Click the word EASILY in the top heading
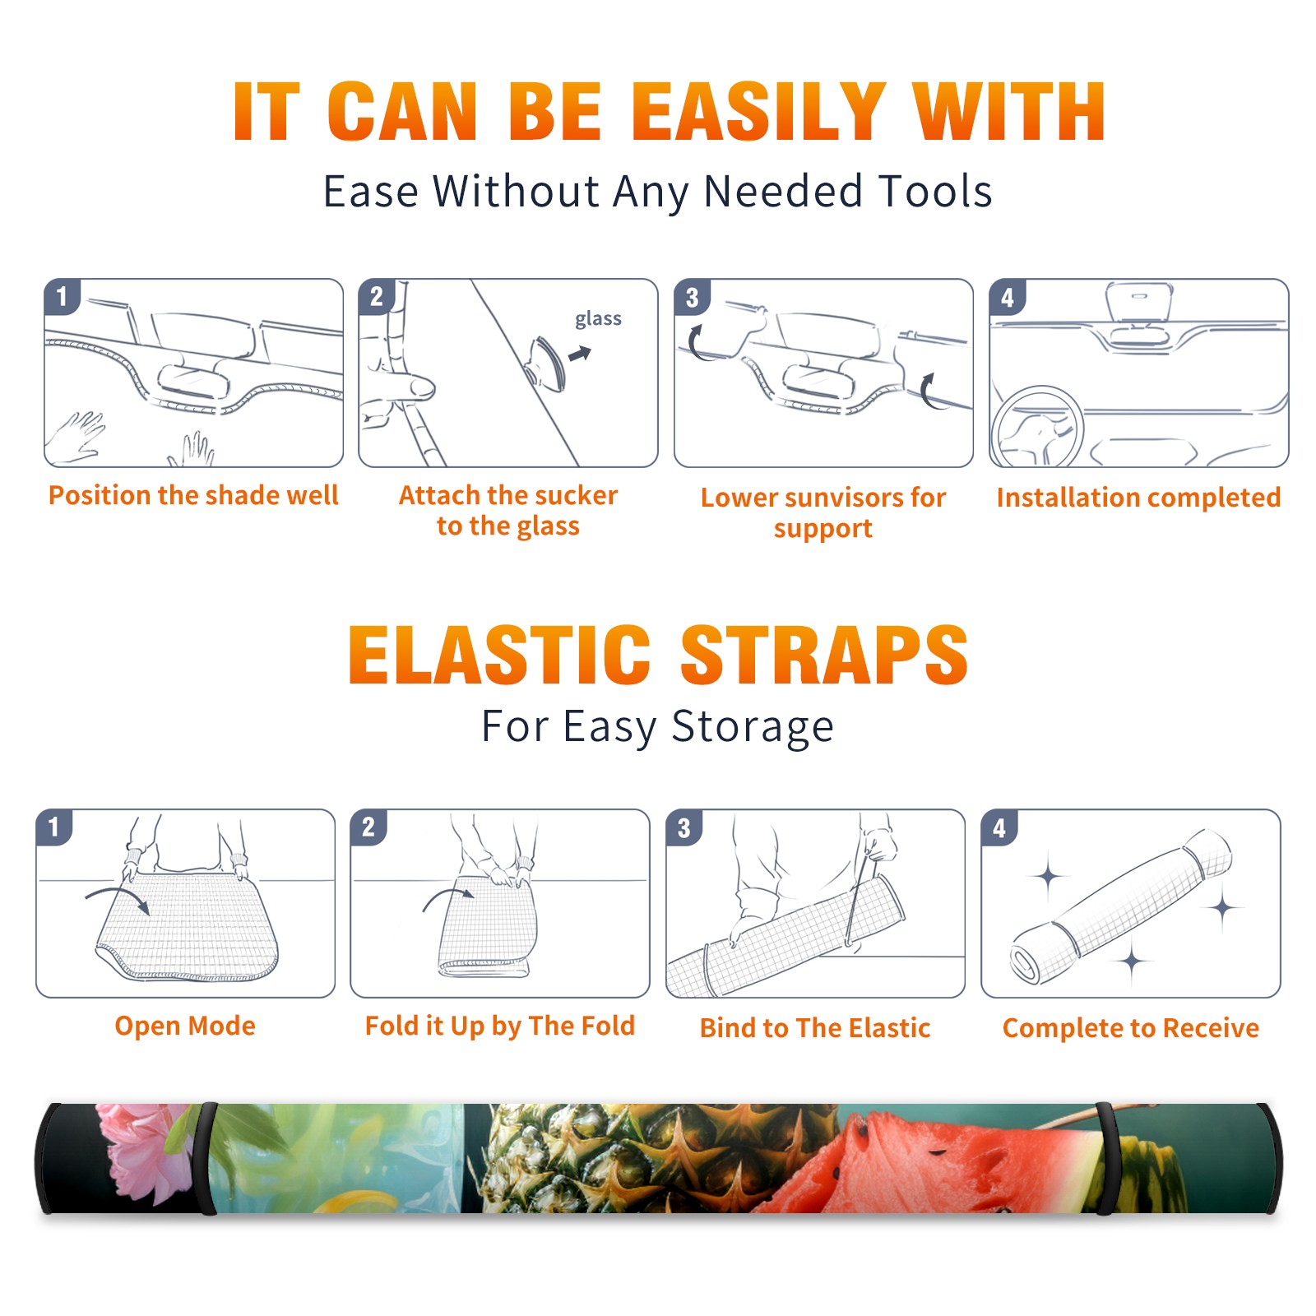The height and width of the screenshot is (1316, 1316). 758,113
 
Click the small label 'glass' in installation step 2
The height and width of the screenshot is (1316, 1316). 598,319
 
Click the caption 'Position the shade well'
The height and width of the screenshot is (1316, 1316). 193,495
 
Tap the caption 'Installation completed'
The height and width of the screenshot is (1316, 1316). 1138,497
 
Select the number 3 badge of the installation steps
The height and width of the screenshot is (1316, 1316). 693,298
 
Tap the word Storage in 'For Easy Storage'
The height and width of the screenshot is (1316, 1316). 753,727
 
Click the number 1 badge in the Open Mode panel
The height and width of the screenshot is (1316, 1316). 54,827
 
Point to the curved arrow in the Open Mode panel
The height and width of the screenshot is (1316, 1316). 118,897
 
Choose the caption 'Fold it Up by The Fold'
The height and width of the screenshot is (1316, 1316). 500,1026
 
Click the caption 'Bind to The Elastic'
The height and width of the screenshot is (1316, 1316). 815,1028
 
